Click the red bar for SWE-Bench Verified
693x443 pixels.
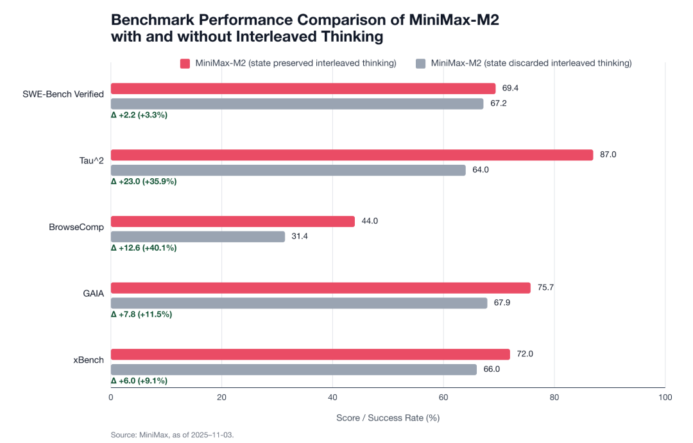click(x=303, y=88)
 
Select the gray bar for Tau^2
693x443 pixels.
click(x=288, y=170)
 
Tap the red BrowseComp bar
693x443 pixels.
click(x=232, y=221)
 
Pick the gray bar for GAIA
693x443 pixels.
click(x=299, y=303)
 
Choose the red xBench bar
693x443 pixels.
click(x=310, y=355)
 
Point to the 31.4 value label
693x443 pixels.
click(x=300, y=237)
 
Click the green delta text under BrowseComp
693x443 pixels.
click(x=144, y=248)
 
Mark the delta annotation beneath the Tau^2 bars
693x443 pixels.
click(x=144, y=181)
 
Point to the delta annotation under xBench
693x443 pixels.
click(x=139, y=381)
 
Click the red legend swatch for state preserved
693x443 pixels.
click(x=185, y=63)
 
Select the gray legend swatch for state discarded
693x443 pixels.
click(x=421, y=63)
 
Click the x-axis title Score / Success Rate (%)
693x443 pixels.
click(x=388, y=417)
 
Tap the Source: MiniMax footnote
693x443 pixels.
click(x=172, y=435)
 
